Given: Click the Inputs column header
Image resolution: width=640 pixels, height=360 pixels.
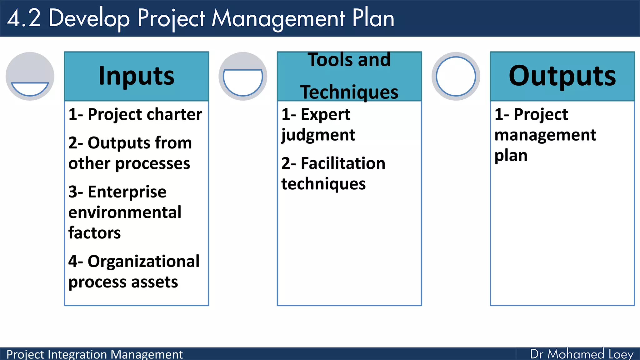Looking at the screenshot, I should click(136, 76).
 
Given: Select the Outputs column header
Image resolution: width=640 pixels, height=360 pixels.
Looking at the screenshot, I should click(562, 76).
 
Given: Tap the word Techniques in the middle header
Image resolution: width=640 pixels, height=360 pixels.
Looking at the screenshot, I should click(349, 92).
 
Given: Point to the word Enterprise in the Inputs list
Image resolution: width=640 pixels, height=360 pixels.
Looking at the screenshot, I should click(127, 192).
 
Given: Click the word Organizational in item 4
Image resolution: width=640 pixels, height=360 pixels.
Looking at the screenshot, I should click(143, 261).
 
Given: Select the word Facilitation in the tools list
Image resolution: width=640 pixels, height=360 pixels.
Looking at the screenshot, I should click(343, 163).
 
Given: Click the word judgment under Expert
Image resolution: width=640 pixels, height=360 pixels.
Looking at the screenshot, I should click(318, 135).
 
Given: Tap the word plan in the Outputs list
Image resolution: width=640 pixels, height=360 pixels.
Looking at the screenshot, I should click(511, 155).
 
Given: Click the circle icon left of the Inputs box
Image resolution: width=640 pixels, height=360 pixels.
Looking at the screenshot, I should click(30, 76).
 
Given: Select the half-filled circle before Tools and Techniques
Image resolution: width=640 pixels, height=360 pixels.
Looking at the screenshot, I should click(243, 76).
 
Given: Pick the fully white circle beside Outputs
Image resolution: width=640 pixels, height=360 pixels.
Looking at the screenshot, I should click(456, 76).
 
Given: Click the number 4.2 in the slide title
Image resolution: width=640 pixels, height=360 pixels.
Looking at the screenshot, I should click(24, 18).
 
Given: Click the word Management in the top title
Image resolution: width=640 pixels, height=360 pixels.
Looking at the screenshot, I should click(278, 19).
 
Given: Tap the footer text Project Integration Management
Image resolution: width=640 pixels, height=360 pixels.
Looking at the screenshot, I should click(94, 354).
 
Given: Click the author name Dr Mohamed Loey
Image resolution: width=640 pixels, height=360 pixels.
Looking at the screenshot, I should click(582, 354).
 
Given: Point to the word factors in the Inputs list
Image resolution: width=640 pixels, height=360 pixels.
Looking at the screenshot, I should click(94, 233).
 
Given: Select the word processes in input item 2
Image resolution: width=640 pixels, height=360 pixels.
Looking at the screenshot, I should click(152, 164).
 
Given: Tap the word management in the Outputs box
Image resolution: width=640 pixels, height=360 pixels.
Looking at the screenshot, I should click(545, 135).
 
